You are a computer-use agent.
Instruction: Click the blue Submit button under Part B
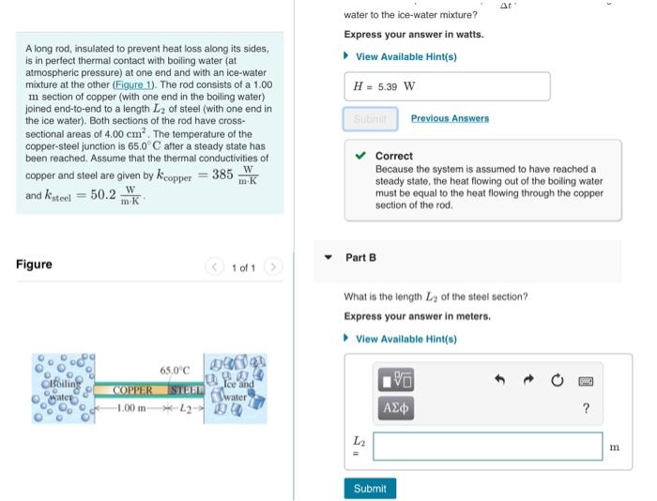(370, 488)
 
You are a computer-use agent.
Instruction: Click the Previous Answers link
(450, 118)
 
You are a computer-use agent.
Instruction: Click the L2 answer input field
(487, 446)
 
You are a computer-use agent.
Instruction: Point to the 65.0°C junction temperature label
(175, 370)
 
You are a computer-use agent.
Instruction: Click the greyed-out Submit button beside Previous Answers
(370, 118)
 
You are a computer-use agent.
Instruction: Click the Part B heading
(360, 257)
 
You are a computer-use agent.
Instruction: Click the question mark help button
(586, 408)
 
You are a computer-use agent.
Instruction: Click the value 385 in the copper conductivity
(222, 175)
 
